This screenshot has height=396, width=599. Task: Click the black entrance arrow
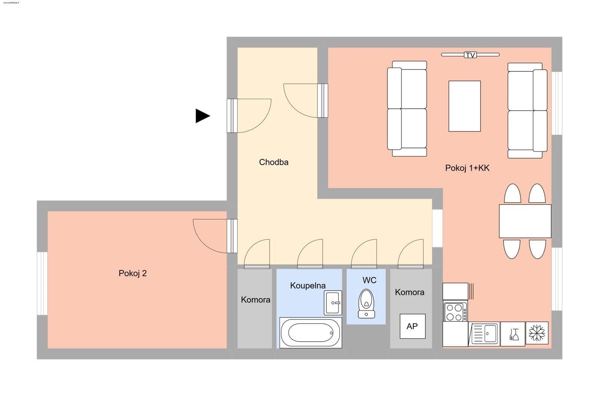click(202, 116)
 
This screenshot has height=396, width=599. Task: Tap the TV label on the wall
click(470, 55)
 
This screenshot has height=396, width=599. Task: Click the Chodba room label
click(274, 162)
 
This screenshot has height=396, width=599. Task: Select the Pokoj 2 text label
click(133, 273)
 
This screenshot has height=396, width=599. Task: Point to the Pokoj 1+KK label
click(467, 168)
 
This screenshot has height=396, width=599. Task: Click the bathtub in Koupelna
click(311, 332)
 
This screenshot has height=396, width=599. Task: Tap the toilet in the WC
click(367, 303)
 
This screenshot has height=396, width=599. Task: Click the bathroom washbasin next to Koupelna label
click(333, 303)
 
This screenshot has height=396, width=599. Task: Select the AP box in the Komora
click(412, 326)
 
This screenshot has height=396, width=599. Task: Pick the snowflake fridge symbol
click(537, 333)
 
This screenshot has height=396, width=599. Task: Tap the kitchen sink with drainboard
click(484, 334)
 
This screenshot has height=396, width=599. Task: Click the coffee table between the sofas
click(465, 106)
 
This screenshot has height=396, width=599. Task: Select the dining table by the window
click(525, 221)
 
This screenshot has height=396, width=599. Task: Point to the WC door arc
click(364, 254)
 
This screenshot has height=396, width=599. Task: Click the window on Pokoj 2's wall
click(42, 283)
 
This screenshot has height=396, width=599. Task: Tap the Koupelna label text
click(308, 286)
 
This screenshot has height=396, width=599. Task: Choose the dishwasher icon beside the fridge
click(513, 334)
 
